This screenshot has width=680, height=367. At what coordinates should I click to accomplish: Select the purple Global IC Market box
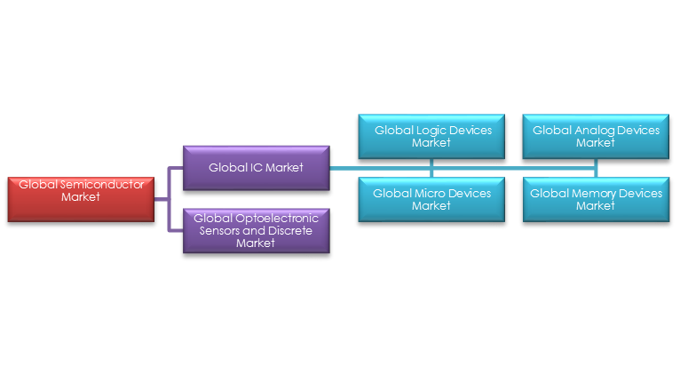click(x=256, y=166)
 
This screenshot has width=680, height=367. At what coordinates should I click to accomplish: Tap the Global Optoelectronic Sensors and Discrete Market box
click(x=256, y=230)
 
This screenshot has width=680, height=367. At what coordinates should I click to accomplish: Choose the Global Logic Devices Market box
click(x=432, y=136)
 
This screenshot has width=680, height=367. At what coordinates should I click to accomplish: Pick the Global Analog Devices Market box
click(x=596, y=136)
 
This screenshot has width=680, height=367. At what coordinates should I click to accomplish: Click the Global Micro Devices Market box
click(x=432, y=199)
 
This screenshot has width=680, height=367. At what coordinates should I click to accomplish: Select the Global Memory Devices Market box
click(x=596, y=199)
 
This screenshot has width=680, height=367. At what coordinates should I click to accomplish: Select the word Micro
click(x=430, y=193)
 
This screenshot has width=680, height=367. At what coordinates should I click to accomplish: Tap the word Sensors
click(x=219, y=230)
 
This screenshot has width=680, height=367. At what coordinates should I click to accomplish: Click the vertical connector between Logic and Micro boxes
click(x=432, y=167)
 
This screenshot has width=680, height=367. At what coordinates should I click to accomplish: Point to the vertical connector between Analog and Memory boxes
click(x=596, y=167)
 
